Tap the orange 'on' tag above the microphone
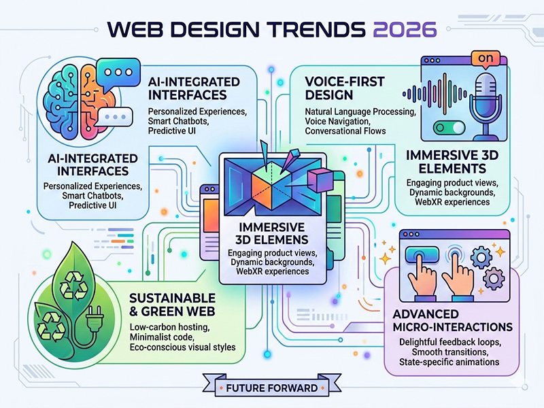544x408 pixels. pos(484,58)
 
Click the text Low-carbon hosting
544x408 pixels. pos(168,327)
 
